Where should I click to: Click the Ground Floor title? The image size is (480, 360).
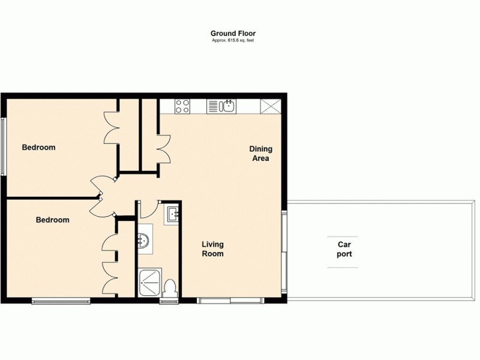(233, 34)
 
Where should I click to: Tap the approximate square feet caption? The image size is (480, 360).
(233, 40)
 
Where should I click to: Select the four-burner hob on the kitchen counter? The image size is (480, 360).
(182, 107)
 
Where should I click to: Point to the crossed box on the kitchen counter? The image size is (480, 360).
(271, 107)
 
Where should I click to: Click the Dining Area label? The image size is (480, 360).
(260, 154)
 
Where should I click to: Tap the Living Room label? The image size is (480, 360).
(212, 249)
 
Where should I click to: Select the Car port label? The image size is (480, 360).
(344, 249)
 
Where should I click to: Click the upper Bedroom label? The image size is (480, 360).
(39, 148)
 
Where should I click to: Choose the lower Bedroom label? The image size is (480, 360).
(52, 220)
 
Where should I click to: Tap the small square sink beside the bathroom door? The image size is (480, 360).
(172, 214)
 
